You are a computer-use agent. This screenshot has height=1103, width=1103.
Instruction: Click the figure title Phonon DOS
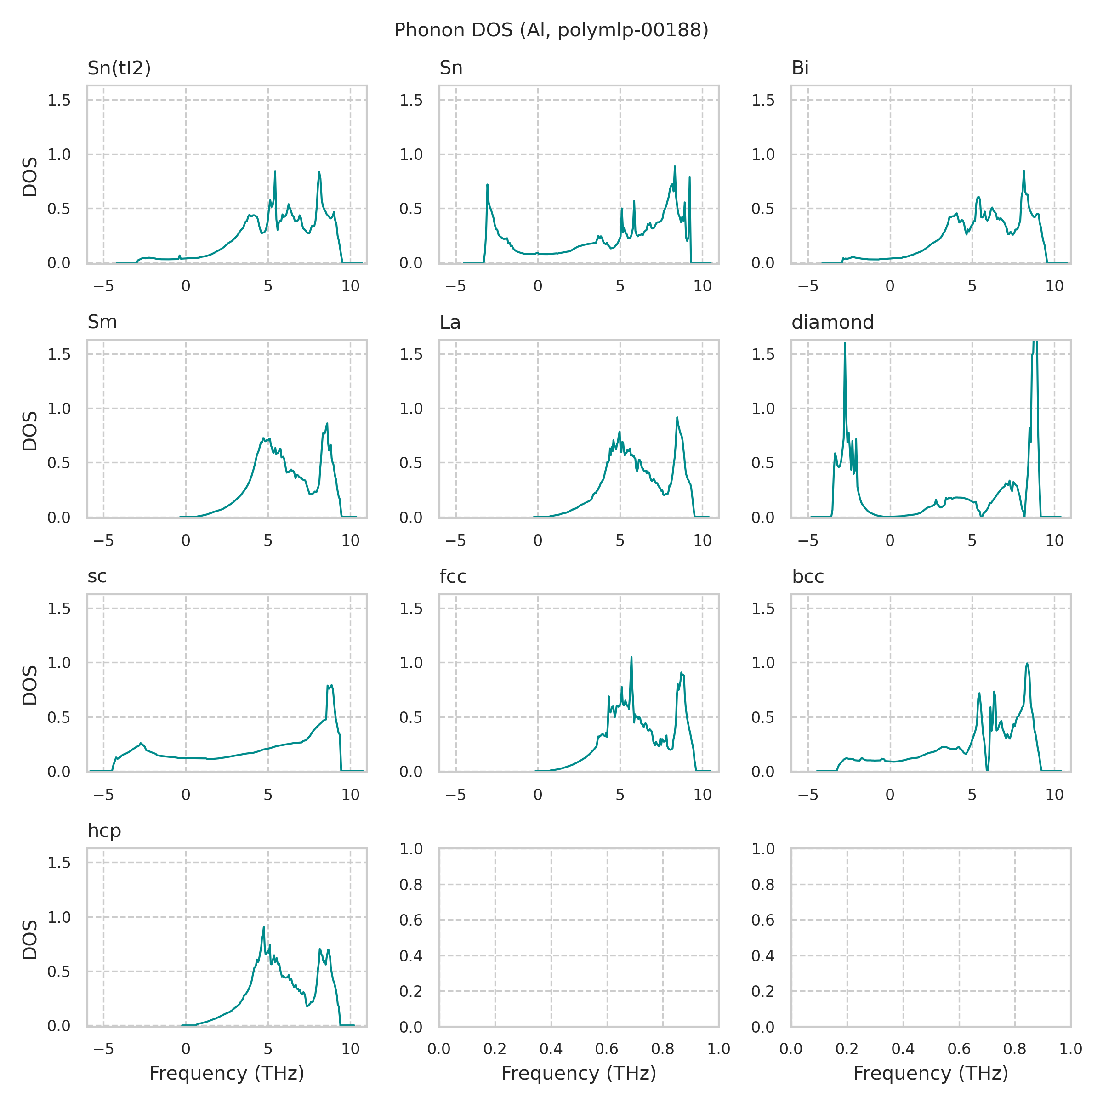pos(551,30)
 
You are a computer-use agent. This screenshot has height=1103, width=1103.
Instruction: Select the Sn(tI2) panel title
pos(119,68)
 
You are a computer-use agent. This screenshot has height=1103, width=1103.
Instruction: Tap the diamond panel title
pos(832,323)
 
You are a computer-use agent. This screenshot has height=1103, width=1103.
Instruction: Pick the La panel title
pos(450,323)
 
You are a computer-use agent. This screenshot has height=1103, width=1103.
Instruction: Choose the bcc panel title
pos(808,577)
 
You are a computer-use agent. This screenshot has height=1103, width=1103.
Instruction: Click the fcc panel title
pos(453,577)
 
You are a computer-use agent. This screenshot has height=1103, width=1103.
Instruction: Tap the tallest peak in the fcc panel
pos(631,658)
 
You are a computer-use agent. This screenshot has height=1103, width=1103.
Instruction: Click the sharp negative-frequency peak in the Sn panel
pos(488,185)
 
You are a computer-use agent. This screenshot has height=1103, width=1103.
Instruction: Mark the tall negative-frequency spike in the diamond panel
pos(845,344)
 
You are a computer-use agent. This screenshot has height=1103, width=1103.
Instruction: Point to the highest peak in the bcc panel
pos(1027,663)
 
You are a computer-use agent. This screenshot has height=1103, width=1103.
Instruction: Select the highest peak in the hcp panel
pos(263,927)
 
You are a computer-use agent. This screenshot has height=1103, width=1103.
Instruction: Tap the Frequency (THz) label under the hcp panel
pos(227,1073)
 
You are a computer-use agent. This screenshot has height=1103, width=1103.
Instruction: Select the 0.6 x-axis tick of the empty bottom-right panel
pos(959,1049)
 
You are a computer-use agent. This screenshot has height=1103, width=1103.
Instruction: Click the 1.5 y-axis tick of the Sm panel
pos(59,354)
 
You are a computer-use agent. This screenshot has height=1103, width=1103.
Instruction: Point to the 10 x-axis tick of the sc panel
pos(350,794)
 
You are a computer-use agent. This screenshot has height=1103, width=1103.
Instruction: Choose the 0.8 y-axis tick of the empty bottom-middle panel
pos(410,885)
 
